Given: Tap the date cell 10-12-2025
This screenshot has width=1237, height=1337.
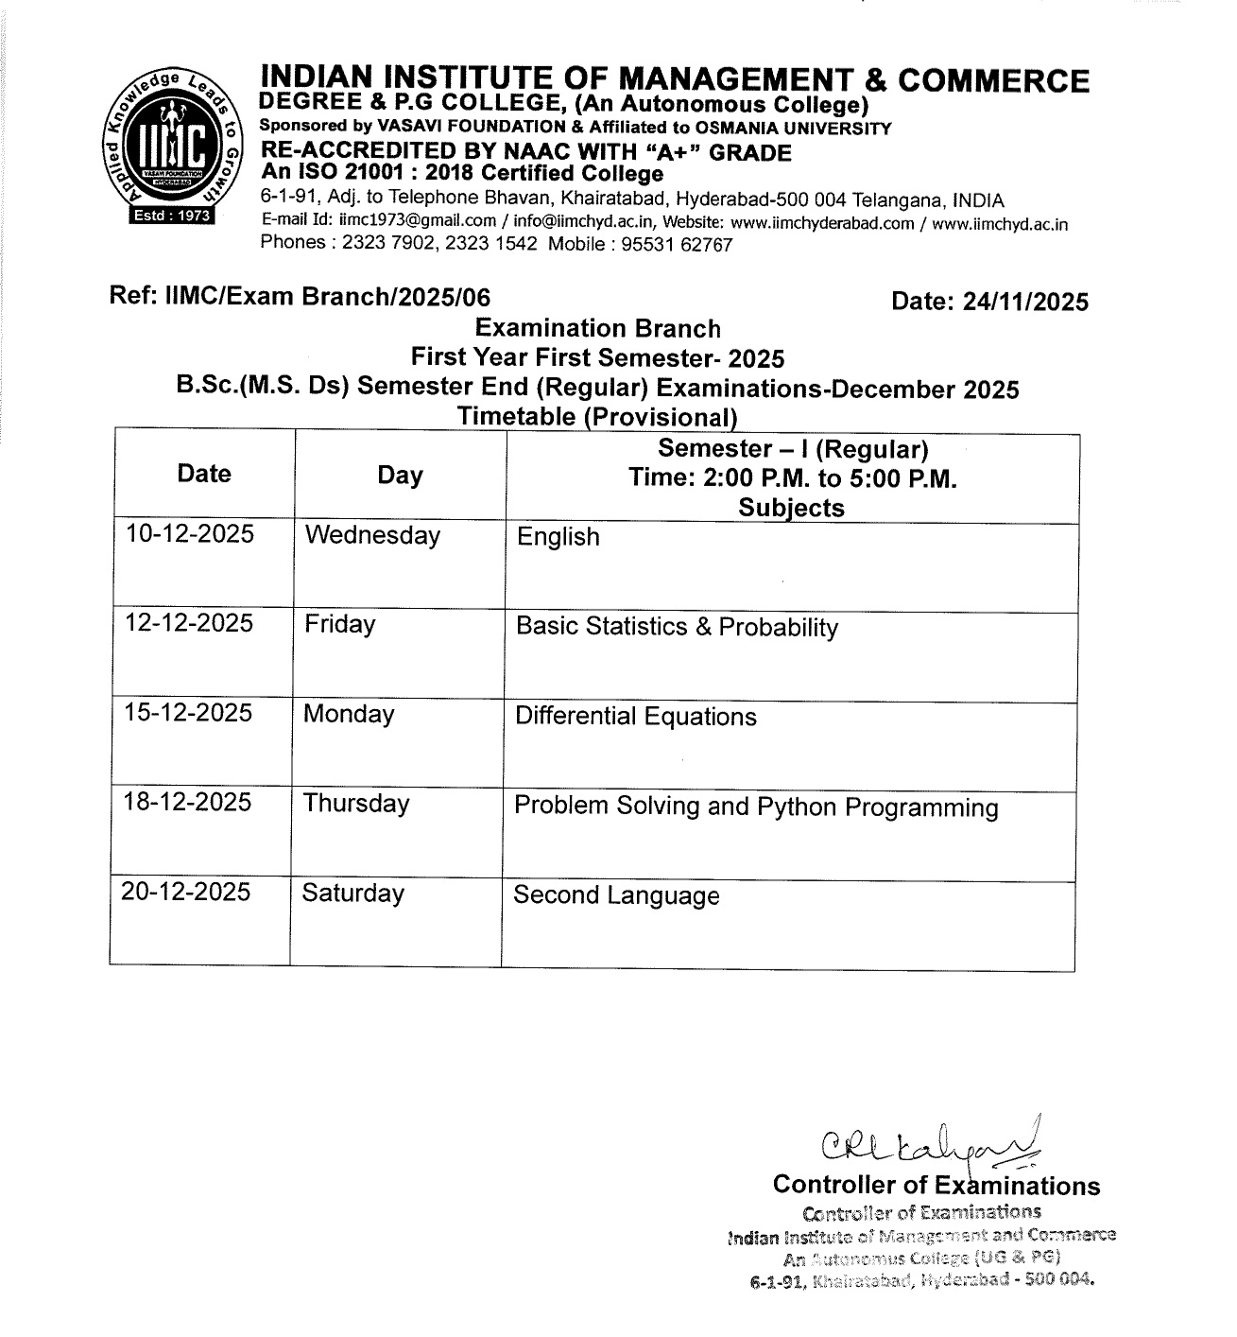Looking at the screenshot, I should (190, 534).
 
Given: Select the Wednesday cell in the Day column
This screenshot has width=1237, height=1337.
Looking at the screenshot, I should (372, 536).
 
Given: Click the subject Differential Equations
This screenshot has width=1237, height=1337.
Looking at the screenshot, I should (635, 717).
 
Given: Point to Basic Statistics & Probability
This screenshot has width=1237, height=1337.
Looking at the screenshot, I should (677, 628).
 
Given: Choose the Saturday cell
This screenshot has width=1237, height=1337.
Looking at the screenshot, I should (352, 894).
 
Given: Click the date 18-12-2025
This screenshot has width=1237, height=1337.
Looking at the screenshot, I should (188, 803).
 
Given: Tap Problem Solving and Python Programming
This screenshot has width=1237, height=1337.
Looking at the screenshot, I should (755, 807).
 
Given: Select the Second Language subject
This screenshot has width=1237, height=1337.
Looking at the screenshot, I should (616, 896).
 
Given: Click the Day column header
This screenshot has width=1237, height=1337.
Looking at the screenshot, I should (400, 476).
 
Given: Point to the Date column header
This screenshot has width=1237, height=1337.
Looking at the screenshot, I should (203, 474).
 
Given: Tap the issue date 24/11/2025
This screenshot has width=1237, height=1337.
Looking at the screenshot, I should (1024, 302).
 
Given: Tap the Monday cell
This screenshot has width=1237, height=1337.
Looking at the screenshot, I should (349, 714).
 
